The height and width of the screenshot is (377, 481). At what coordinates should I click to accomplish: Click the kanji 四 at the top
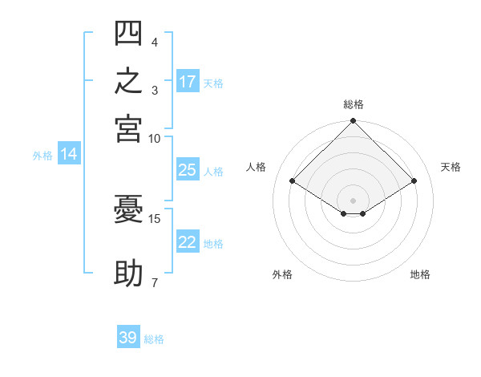[x=128, y=33]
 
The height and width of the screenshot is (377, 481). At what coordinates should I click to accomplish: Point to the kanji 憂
[x=128, y=209]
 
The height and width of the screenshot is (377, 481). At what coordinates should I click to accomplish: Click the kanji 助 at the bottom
[x=128, y=273]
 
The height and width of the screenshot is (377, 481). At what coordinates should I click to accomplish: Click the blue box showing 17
[x=188, y=81]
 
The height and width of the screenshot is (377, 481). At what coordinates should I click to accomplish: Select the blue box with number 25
[x=188, y=169]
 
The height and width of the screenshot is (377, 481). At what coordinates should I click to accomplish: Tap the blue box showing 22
[x=188, y=241]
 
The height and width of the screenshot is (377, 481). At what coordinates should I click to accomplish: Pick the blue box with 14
[x=69, y=153]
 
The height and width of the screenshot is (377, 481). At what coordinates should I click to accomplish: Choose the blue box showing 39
[x=128, y=336]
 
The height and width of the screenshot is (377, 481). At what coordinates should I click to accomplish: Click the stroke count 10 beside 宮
[x=154, y=139]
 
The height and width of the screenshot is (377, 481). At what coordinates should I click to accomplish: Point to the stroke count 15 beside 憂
[x=154, y=219]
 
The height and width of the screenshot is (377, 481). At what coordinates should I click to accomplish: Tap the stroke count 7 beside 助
[x=155, y=282]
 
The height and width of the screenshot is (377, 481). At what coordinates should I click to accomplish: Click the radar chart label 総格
[x=354, y=104]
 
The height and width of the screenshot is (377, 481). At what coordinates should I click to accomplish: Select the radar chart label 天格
[x=451, y=167]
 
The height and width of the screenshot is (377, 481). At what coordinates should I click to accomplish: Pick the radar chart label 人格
[x=256, y=167]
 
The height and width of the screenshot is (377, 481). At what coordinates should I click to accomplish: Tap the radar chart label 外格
[x=282, y=274]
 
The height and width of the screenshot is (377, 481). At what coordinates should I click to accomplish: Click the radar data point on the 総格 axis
[x=353, y=120]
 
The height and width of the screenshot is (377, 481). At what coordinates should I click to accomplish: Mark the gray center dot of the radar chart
[x=353, y=201]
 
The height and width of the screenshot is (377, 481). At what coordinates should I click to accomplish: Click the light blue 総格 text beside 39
[x=154, y=339]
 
